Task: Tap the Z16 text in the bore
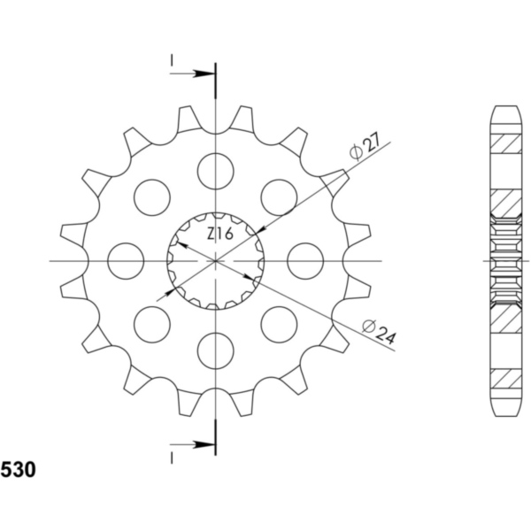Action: click(219, 234)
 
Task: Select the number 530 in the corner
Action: click(19, 470)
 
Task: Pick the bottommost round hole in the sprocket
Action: click(216, 350)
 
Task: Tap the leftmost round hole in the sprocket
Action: click(126, 260)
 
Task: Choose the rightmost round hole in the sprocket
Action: click(306, 260)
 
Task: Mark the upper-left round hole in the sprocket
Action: click(152, 196)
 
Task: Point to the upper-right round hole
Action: click(280, 196)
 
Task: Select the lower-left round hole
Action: click(152, 324)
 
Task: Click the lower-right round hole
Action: click(280, 324)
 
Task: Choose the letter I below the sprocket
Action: click(172, 458)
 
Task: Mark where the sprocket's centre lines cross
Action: click(216, 260)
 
